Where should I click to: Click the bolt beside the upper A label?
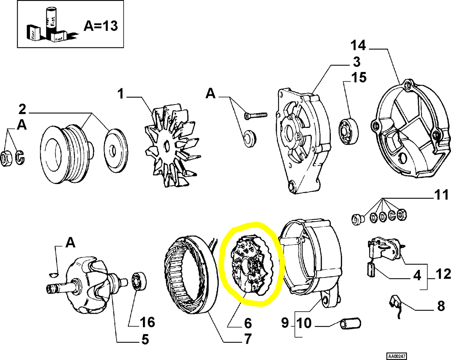coord(255,115)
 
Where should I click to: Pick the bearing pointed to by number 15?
coord(349,131)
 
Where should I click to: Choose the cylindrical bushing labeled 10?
coord(350,323)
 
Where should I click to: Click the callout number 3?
coord(357,62)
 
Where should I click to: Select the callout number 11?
coord(441,195)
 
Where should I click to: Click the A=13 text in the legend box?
coord(100,26)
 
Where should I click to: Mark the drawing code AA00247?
coord(397,356)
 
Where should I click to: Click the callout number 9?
coord(285,323)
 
